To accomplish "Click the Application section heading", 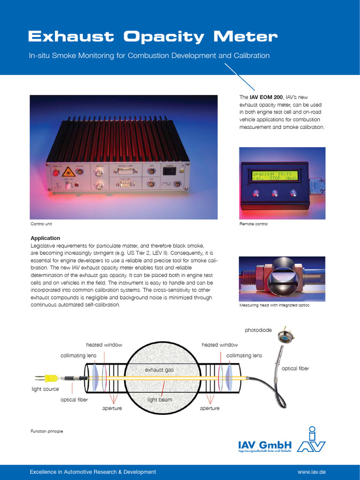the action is [x=45, y=238].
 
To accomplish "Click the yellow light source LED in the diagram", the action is [x=52, y=377].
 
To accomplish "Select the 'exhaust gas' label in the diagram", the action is [x=159, y=370].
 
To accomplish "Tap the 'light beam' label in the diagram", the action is [x=160, y=400].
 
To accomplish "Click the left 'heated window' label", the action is [x=104, y=345].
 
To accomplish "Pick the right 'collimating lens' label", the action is [x=244, y=356].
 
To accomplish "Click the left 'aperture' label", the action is [x=112, y=408].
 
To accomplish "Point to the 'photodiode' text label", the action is [x=258, y=330].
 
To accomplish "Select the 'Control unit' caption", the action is [x=41, y=224].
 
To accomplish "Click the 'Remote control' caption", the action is [x=254, y=224].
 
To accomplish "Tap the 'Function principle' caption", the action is [x=47, y=431].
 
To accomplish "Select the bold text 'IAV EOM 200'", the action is [x=266, y=97].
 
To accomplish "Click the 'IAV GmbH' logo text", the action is [x=265, y=445].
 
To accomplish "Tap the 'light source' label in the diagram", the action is [x=45, y=389].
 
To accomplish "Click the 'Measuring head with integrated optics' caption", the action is [x=274, y=305].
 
